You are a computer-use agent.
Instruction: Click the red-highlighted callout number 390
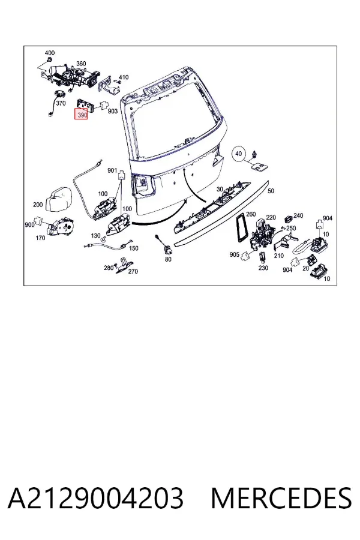82,115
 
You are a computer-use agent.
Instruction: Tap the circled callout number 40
239,154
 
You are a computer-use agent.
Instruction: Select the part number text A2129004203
95,499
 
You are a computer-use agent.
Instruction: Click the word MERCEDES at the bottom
281,499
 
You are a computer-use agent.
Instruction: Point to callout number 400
50,53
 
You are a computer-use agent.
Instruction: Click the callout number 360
81,64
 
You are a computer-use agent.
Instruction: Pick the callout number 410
124,77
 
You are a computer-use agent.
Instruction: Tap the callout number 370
61,103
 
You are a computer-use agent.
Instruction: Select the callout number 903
113,111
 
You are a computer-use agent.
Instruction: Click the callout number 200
38,205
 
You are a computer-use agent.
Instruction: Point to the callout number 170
40,238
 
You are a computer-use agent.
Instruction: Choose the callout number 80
168,259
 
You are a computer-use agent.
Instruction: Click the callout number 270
133,271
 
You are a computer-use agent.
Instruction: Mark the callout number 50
271,191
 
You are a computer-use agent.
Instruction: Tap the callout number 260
251,214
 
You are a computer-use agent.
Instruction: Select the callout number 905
234,254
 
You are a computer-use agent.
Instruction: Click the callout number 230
263,268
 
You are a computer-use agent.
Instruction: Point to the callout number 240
298,215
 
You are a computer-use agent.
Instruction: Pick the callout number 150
133,248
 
